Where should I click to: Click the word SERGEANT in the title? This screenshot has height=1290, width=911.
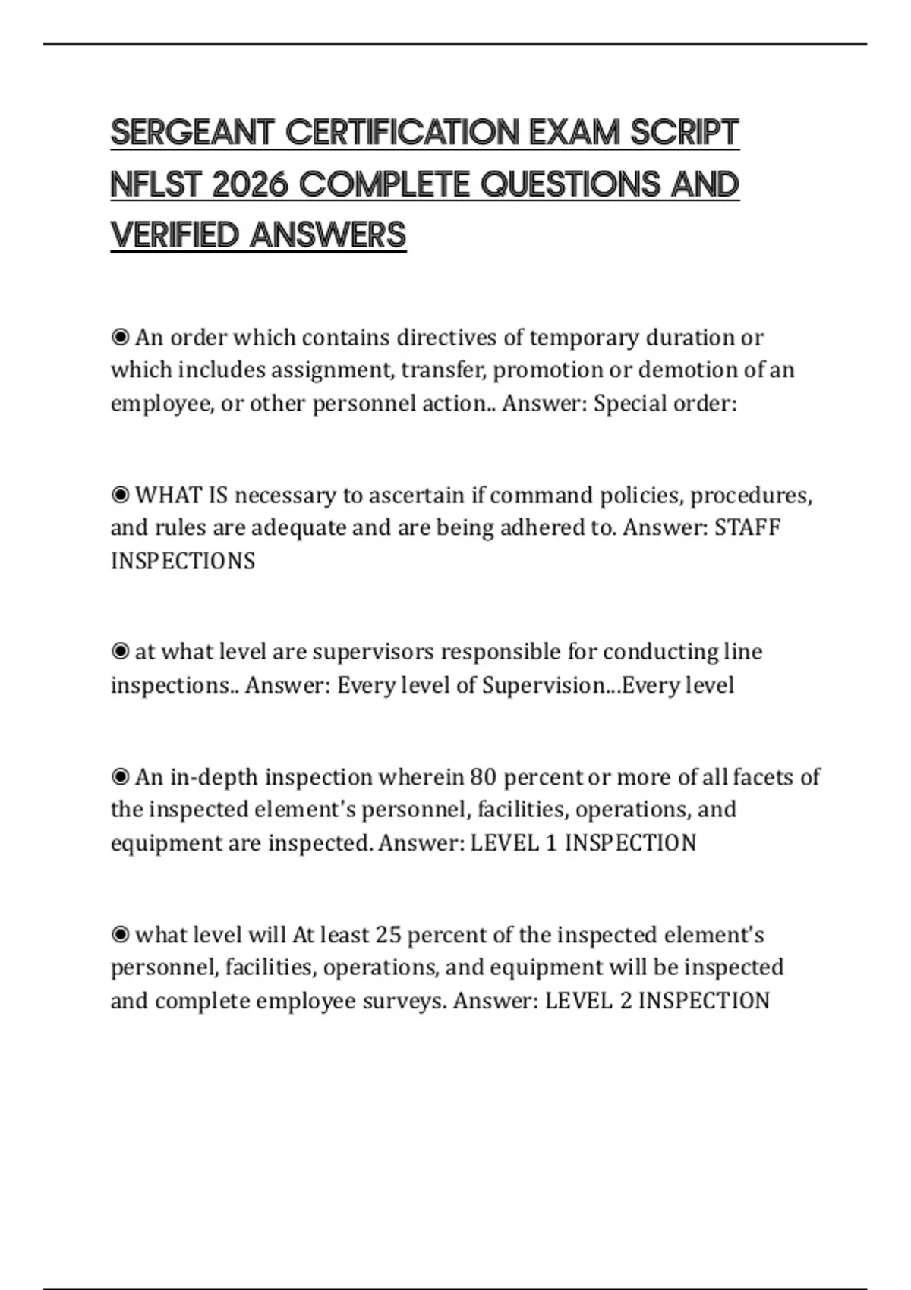click(x=191, y=133)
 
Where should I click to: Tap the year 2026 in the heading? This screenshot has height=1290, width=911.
click(x=250, y=184)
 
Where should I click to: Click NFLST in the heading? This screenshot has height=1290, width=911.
click(x=156, y=184)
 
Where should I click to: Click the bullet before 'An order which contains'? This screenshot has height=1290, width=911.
click(x=120, y=336)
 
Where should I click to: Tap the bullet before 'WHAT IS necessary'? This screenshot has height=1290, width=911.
click(x=120, y=495)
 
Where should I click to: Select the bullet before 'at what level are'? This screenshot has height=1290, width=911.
click(x=120, y=651)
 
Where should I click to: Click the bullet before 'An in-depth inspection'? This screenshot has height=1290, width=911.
click(x=120, y=776)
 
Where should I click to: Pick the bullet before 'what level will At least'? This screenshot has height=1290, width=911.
click(x=120, y=934)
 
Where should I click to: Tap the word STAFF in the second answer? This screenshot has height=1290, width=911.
click(x=747, y=527)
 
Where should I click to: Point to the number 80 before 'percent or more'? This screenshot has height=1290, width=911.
click(x=483, y=776)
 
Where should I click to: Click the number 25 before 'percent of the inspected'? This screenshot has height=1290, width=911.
click(x=387, y=934)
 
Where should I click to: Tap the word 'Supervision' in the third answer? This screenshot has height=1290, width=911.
click(x=544, y=685)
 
